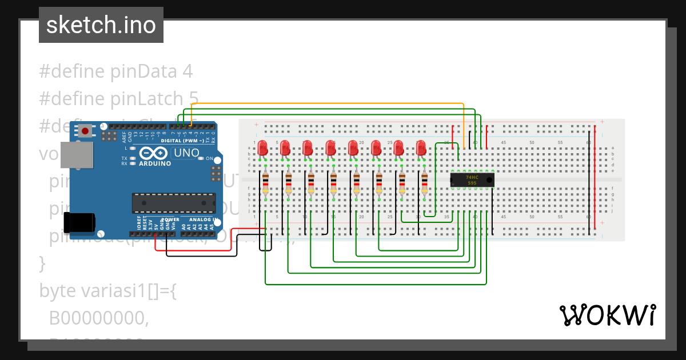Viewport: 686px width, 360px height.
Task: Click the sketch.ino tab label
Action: point(101,25)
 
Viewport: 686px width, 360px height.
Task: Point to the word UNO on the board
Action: point(186,153)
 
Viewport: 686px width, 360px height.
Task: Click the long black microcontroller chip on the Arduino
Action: point(174,203)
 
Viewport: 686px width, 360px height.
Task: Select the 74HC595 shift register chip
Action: point(472,180)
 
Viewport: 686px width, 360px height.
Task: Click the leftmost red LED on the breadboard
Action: point(263,148)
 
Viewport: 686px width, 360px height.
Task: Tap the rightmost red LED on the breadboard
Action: point(421,148)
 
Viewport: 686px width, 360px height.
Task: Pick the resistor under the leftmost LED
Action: point(265,184)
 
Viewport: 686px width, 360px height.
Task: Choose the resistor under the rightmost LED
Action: point(424,184)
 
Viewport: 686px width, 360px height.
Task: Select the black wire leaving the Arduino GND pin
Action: point(200,256)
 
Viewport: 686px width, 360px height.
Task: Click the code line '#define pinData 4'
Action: point(115,71)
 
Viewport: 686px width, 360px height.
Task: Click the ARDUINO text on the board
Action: point(155,163)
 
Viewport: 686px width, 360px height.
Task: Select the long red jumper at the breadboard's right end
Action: point(595,177)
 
